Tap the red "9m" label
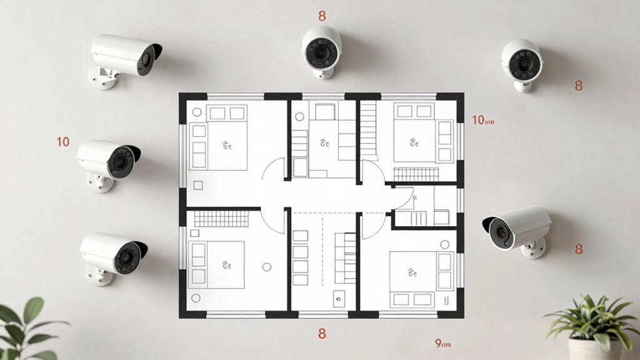(442, 343)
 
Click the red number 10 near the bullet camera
(63, 142)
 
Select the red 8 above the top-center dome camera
(322, 16)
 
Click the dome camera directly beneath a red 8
(322, 50)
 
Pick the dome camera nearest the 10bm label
(521, 63)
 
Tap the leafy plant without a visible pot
(25, 329)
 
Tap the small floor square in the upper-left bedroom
(199, 185)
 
